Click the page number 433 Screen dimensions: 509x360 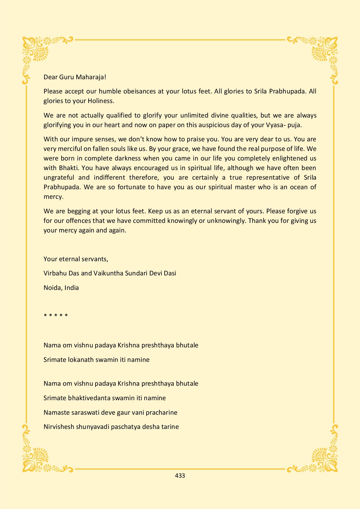pyautogui.click(x=180, y=476)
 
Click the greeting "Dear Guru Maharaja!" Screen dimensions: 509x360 pyautogui.click(x=75, y=77)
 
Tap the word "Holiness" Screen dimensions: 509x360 pyautogui.click(x=100, y=101)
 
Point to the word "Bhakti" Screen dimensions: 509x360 pyautogui.click(x=69, y=168)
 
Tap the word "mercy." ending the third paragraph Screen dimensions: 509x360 pyautogui.click(x=53, y=197)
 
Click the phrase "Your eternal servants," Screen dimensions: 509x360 pyautogui.click(x=76, y=259)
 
